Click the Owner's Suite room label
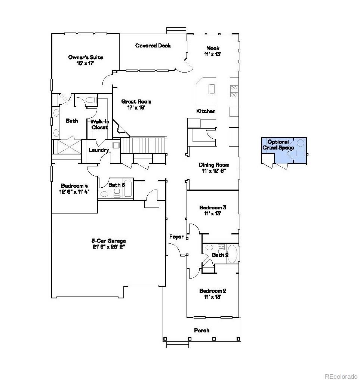[x=85, y=60]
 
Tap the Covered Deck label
[x=153, y=46]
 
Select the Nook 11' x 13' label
[x=213, y=51]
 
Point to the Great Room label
[x=136, y=104]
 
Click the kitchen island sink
[x=212, y=89]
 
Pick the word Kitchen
[x=206, y=111]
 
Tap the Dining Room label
[x=214, y=168]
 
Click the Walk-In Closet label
[x=99, y=124]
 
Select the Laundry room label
[x=99, y=150]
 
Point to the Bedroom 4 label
[x=75, y=188]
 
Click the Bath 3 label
[x=117, y=185]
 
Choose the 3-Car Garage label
[x=108, y=243]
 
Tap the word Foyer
[x=176, y=237]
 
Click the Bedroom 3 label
[x=213, y=211]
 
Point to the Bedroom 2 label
[x=213, y=294]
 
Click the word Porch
[x=201, y=331]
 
